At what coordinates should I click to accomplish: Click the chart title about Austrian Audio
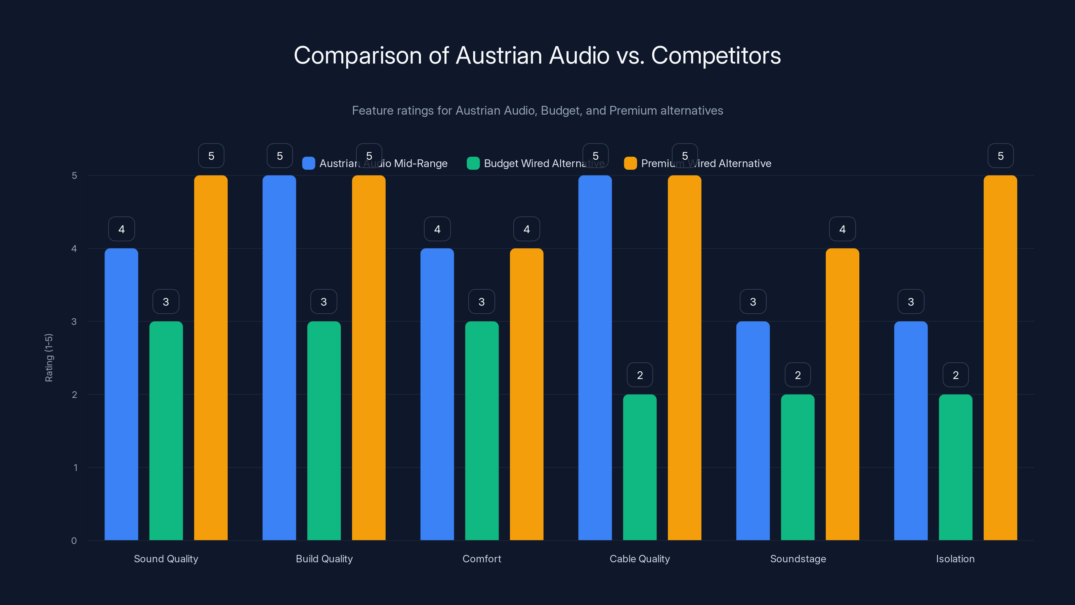coord(537,55)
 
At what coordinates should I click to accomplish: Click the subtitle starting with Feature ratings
coord(537,111)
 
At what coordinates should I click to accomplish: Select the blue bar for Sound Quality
coord(121,395)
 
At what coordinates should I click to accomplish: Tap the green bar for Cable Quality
coord(640,468)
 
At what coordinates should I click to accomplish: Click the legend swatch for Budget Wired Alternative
coord(473,163)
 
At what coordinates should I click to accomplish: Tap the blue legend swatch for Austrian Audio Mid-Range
coord(308,163)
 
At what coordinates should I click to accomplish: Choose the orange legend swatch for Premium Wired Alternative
coord(630,163)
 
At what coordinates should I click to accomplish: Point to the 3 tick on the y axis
coord(74,322)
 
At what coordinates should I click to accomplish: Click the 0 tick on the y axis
coord(74,541)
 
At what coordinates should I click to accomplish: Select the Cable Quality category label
coord(639,559)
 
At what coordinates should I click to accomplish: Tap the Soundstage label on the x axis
coord(798,559)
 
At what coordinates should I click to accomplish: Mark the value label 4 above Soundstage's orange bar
coord(842,229)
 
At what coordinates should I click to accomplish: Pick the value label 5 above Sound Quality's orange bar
coord(211,156)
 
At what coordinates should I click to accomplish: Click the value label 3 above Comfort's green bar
coord(482,301)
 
